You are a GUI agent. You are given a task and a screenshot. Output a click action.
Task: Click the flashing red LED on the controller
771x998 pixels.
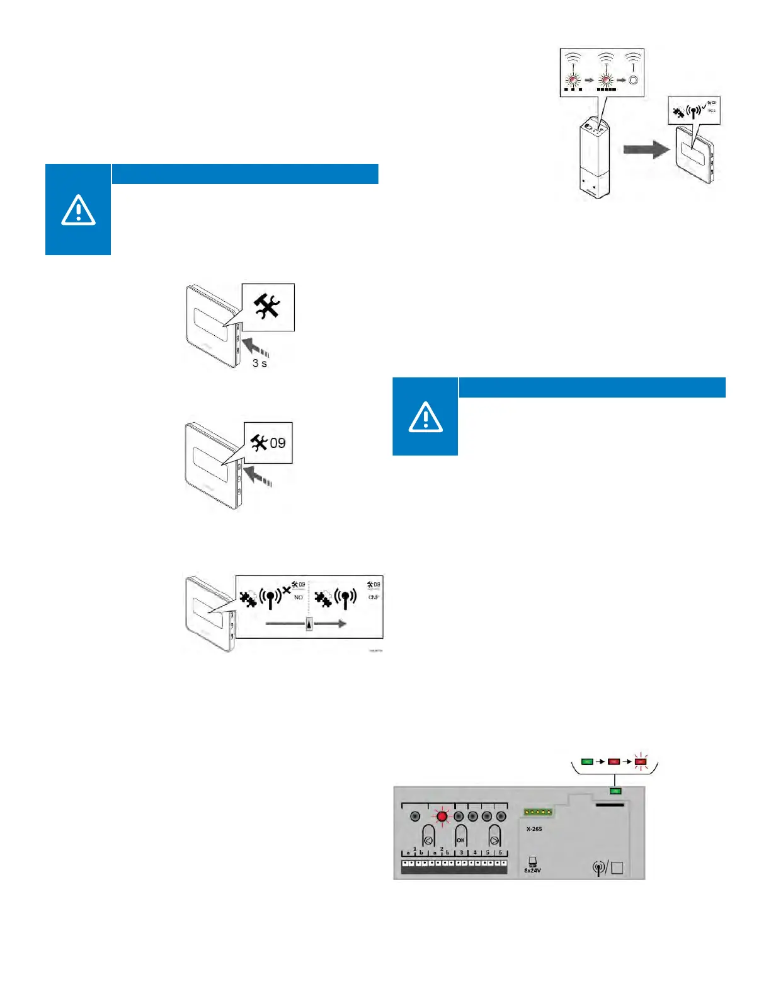tap(442, 817)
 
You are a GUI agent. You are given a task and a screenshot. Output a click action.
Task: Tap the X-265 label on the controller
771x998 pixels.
tap(534, 829)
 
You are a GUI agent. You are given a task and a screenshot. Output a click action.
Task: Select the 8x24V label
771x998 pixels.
tap(532, 871)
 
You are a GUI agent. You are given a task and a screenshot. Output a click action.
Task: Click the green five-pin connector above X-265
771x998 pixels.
tap(538, 812)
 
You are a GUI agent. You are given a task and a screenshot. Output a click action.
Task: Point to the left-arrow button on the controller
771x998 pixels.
tap(428, 840)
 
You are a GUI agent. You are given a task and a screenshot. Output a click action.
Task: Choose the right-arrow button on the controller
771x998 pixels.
tap(494, 840)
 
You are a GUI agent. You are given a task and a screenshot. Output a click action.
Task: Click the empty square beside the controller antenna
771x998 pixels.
tap(617, 868)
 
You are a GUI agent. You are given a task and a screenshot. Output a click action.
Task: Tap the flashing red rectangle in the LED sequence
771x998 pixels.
tap(641, 762)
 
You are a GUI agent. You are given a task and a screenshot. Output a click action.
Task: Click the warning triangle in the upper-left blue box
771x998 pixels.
tap(78, 210)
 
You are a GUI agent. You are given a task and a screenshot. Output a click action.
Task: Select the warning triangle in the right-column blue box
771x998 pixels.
tap(425, 416)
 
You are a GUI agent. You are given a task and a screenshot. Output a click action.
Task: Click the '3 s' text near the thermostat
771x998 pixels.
tap(260, 364)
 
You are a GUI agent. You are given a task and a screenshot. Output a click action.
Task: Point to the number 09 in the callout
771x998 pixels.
tap(278, 443)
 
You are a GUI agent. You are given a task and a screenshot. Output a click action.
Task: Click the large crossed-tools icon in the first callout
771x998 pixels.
tap(267, 307)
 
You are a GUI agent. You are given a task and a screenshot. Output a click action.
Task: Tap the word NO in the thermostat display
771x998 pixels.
tap(299, 597)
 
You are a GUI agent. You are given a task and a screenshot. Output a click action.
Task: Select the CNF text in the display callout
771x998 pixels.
tap(374, 597)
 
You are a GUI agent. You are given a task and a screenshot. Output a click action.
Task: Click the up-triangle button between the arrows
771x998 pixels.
tap(309, 624)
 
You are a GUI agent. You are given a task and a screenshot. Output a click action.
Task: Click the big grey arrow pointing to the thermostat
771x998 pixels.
tap(646, 149)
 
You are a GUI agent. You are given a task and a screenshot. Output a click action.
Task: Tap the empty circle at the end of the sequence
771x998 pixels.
tap(634, 81)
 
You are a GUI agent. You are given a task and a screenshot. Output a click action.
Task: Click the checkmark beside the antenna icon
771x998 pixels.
tap(704, 105)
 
